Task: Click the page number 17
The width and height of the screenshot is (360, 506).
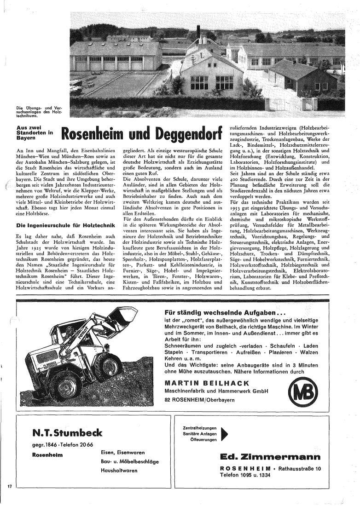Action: click(9, 486)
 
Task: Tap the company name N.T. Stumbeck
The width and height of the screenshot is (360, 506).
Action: click(67, 432)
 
